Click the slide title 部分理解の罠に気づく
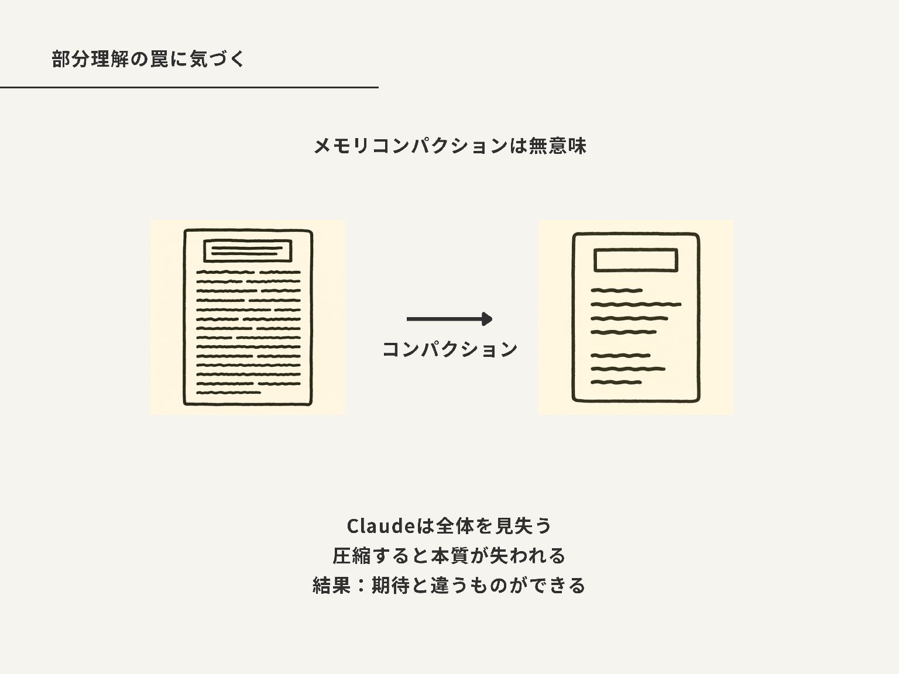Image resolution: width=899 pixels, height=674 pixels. tap(148, 59)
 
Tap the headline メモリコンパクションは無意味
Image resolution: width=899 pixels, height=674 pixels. tap(449, 146)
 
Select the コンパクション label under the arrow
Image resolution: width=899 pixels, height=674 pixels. tap(449, 349)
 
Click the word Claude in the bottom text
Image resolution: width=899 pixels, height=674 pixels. tap(380, 526)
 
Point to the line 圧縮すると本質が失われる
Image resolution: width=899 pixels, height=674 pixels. tap(449, 555)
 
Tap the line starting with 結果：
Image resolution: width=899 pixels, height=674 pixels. tap(449, 585)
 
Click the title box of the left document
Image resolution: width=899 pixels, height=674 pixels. tap(247, 251)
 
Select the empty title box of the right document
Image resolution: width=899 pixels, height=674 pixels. tap(636, 260)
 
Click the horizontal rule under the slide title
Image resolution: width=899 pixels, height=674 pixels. tap(189, 87)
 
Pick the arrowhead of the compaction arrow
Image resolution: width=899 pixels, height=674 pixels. tap(486, 319)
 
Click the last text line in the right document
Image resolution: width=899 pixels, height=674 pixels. tap(616, 383)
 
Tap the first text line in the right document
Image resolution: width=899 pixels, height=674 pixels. tap(616, 290)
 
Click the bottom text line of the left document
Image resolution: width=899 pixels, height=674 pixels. tap(228, 393)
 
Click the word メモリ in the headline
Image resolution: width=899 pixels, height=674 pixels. tap(342, 146)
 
